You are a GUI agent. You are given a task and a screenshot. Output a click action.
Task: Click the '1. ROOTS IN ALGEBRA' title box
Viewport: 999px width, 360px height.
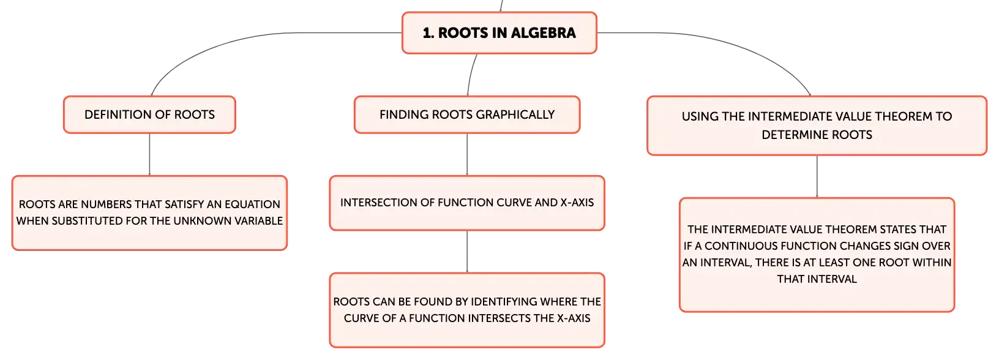tap(499, 33)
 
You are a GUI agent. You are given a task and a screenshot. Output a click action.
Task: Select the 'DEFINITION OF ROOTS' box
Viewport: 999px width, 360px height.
tap(149, 114)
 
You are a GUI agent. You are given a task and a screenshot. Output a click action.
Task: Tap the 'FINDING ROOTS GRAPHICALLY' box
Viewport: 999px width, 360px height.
tap(467, 114)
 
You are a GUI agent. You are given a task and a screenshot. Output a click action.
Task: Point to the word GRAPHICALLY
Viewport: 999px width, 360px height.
tap(517, 114)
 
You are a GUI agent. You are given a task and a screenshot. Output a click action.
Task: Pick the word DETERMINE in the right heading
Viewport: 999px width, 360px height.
tap(788, 135)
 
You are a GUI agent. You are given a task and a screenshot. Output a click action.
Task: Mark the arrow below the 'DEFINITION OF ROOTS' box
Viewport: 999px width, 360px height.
tap(149, 154)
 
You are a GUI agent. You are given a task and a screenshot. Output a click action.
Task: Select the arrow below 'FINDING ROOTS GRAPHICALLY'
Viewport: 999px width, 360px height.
tap(467, 154)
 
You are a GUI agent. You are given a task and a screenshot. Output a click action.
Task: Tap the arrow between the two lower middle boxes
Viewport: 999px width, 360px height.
tap(467, 252)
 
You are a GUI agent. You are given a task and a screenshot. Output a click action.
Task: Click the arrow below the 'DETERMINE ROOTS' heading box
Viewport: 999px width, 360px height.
tap(817, 177)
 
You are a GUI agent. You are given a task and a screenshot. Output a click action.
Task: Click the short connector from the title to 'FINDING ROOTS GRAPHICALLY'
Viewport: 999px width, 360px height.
tap(471, 75)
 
